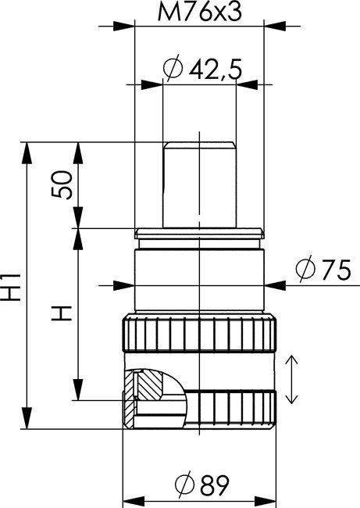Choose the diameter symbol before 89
coord(184,486)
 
